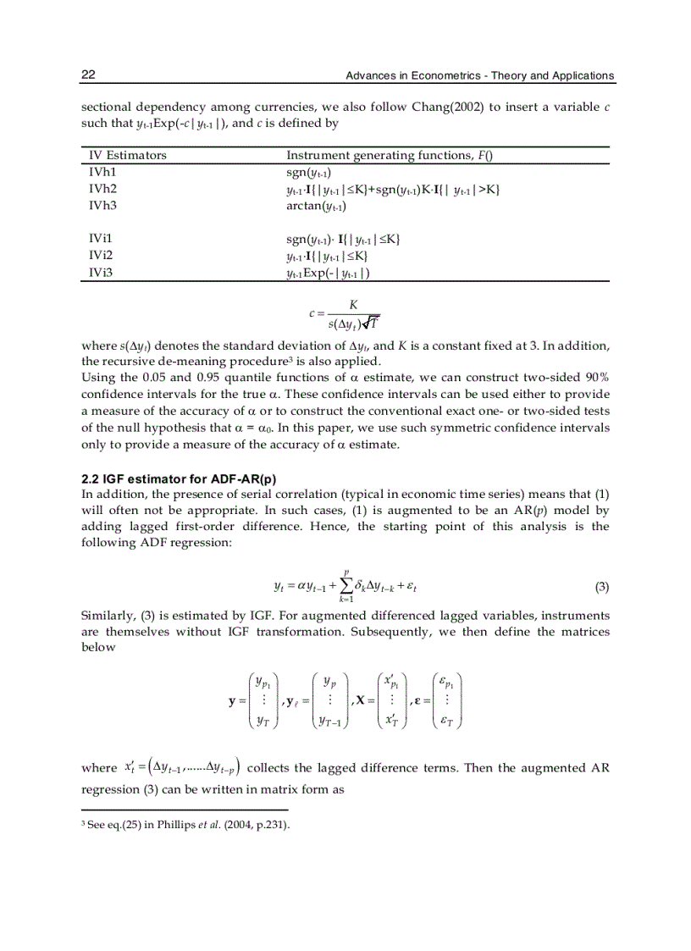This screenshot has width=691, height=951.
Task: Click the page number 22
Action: coord(88,75)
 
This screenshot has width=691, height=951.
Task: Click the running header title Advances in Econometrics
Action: coord(479,76)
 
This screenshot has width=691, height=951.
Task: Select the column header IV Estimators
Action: coord(128,156)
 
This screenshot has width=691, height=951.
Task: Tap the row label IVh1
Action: coord(102,172)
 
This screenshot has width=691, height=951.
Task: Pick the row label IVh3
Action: coord(102,205)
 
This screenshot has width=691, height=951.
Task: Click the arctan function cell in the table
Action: coord(316,205)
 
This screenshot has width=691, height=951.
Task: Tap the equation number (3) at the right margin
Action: coord(602,586)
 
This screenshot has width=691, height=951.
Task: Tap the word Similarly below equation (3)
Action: coord(108,616)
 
